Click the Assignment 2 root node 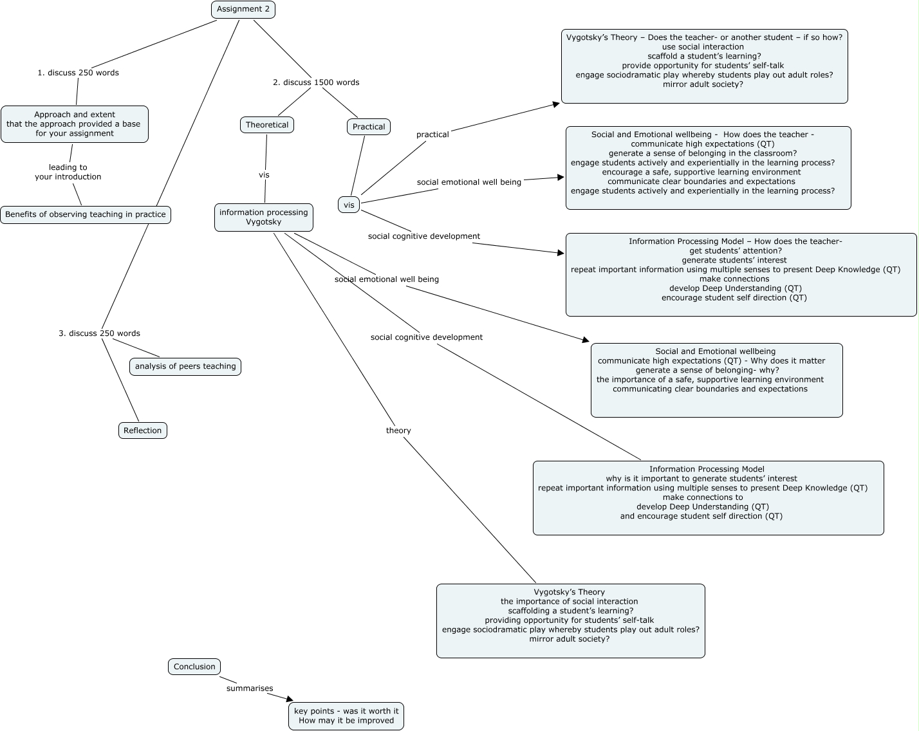[243, 10]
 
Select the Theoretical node [267, 125]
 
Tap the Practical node [369, 127]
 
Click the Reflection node [143, 430]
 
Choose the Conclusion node [194, 667]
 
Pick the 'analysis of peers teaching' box [185, 367]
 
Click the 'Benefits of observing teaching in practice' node [86, 215]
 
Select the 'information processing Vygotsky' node [264, 217]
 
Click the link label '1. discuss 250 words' [78, 73]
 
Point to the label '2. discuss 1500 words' [316, 82]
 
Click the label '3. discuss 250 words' [99, 333]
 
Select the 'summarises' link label [250, 689]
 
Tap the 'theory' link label [398, 430]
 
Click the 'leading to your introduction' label [68, 172]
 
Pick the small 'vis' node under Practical [349, 205]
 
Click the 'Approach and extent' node [75, 124]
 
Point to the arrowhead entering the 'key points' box [290, 699]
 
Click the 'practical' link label [432, 134]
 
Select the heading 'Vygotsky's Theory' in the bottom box [570, 592]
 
